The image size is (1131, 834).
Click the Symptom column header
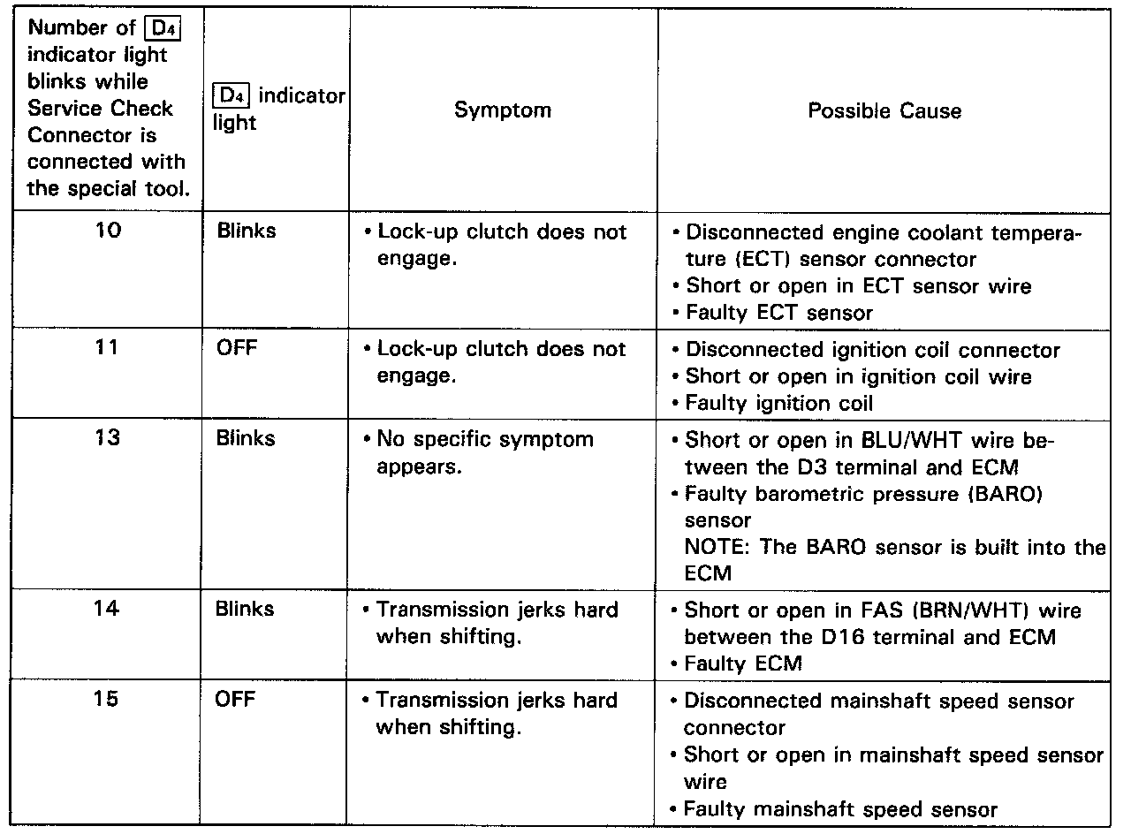502,110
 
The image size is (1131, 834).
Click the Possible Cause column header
884,111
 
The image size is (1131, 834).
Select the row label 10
107,231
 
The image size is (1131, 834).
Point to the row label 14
107,610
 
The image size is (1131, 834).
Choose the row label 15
107,700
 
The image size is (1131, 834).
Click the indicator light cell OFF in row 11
236,349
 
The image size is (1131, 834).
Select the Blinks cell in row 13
246,439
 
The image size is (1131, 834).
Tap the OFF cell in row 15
236,700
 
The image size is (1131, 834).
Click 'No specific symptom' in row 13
485,440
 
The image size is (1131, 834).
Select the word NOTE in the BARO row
714,547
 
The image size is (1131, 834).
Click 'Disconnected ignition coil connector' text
872,350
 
